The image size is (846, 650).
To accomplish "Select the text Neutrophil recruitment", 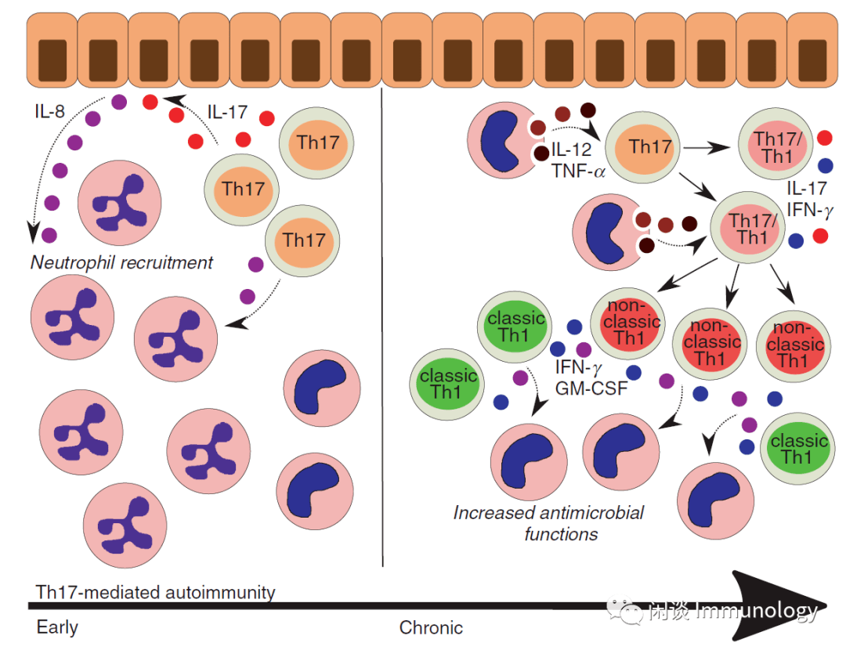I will click(121, 262).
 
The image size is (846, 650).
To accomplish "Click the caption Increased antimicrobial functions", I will click(548, 523).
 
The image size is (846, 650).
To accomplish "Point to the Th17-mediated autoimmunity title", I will click(156, 592).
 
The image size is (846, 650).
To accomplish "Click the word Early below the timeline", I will click(57, 627).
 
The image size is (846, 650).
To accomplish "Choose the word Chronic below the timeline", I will click(431, 627).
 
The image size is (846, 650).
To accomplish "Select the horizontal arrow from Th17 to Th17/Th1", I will click(708, 146).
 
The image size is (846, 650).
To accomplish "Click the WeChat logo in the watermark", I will click(624, 610).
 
